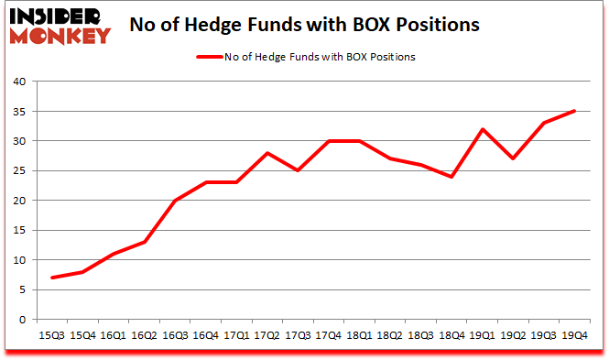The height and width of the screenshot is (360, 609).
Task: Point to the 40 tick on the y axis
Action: coord(20,82)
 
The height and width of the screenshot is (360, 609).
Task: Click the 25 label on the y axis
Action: coord(20,171)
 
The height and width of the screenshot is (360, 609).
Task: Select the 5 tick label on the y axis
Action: coord(23,290)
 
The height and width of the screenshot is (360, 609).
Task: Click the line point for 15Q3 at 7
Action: coord(53,278)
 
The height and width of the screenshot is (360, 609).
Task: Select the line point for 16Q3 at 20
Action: coord(173,201)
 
